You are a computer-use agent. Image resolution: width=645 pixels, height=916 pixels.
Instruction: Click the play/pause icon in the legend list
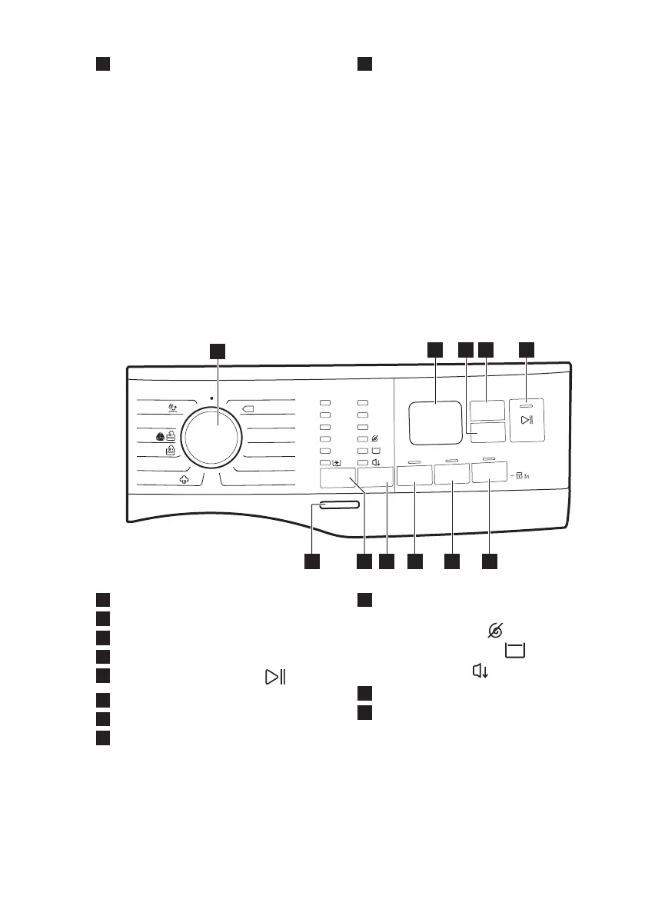coord(274,677)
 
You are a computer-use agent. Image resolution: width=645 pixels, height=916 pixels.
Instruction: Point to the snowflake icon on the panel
coord(337,463)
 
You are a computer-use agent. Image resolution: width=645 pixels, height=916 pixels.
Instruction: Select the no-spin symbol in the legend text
coord(496,631)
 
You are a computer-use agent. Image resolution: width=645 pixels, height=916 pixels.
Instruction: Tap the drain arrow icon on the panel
coord(377,463)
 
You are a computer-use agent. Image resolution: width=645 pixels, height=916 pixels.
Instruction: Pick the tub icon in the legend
coord(515,651)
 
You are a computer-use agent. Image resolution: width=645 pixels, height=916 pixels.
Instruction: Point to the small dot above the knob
coord(211,399)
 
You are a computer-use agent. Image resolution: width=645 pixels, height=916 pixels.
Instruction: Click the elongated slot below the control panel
coord(335,505)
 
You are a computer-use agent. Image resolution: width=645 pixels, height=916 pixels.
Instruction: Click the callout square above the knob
coord(219,350)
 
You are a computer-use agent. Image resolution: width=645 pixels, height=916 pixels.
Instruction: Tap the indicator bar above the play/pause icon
coord(527,404)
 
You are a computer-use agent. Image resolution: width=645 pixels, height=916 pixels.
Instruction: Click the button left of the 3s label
coord(490,471)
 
